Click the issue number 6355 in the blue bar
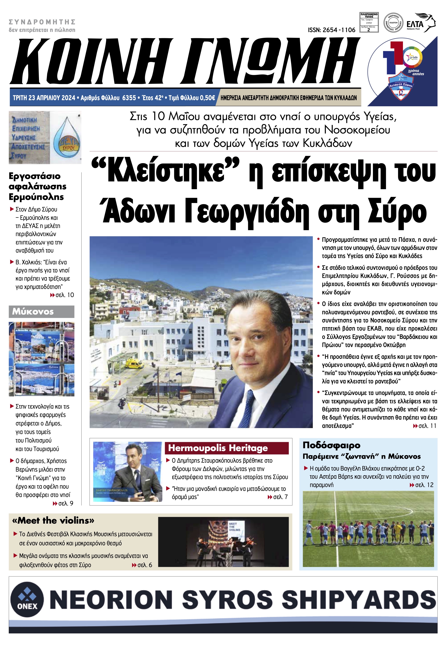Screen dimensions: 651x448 click(129, 98)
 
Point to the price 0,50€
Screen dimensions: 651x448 click(207, 98)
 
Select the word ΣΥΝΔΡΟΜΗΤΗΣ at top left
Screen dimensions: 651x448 click(42, 22)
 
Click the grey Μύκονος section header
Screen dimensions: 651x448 click(42, 312)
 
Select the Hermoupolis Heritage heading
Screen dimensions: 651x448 click(218, 448)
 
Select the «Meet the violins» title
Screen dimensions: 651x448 click(53, 521)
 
